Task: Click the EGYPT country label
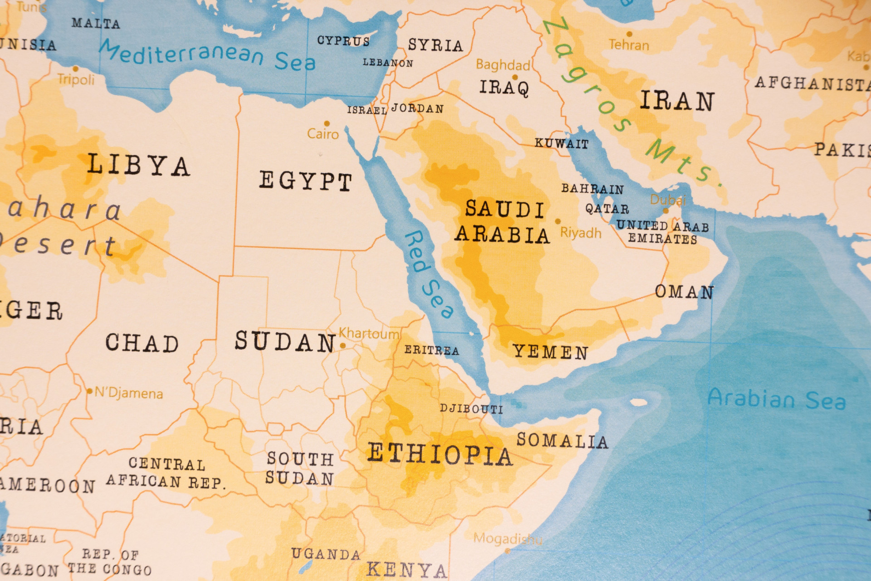305,181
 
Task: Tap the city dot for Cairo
327,123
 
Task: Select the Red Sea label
428,274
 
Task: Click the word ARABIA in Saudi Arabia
502,235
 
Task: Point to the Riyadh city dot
558,222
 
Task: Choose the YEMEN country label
550,352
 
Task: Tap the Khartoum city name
369,334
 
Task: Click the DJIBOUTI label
471,409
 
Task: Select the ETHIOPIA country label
440,454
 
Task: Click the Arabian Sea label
777,399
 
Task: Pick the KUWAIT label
561,143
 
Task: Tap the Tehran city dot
629,34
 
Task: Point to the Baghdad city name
503,65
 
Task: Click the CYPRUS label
343,41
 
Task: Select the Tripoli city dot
76,69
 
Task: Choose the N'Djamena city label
128,393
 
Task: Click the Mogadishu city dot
508,551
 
